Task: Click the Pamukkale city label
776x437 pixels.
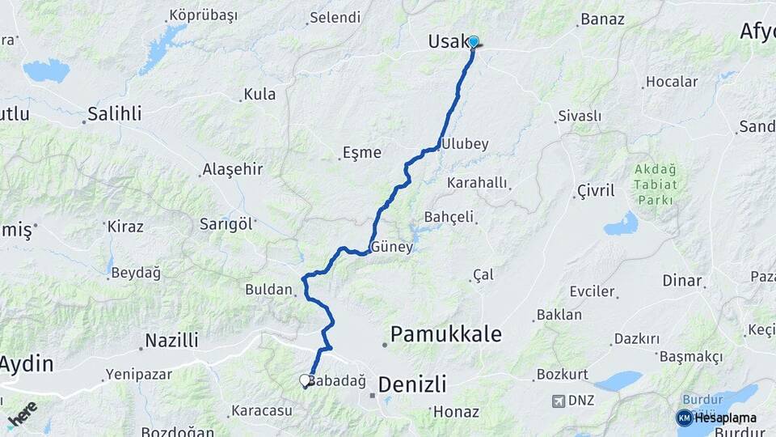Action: click(x=446, y=333)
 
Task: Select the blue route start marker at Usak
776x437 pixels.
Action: click(x=474, y=42)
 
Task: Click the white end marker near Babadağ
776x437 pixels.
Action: click(x=305, y=380)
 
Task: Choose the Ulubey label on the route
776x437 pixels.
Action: click(x=466, y=144)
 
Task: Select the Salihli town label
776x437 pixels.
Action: click(x=115, y=113)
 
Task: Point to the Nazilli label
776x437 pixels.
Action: click(x=171, y=340)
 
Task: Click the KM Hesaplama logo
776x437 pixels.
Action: click(x=715, y=418)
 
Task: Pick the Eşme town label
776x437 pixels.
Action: click(x=361, y=152)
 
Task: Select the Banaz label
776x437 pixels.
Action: click(x=602, y=19)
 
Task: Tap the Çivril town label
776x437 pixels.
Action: click(x=596, y=191)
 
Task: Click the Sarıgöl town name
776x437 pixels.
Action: click(x=226, y=224)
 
